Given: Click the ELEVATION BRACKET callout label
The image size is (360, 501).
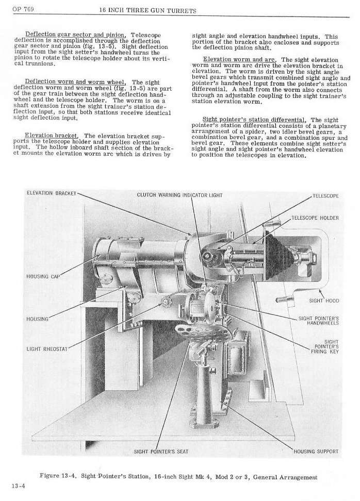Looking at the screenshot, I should (x=51, y=193).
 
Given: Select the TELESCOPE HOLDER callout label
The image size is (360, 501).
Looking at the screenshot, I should (x=315, y=218).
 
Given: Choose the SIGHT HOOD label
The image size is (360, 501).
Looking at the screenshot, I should (x=324, y=300).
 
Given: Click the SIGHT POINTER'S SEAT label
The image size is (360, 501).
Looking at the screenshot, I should (x=161, y=452).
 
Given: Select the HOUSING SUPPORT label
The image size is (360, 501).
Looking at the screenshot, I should (x=316, y=452).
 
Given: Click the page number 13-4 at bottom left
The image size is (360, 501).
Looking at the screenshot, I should (x=18, y=486).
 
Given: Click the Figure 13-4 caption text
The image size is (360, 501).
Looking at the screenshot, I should (x=178, y=477).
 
